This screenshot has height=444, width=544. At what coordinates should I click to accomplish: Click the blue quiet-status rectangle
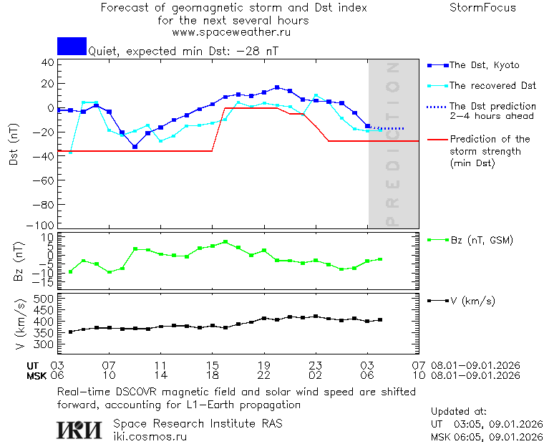pos(72,47)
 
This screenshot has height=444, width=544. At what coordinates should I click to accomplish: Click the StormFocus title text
pos(482,8)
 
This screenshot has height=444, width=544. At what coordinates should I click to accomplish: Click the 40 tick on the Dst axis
pos(48,62)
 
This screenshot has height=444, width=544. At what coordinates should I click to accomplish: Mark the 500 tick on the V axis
pos(44,299)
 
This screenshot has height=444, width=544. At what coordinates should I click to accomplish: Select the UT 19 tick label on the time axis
pos(264,365)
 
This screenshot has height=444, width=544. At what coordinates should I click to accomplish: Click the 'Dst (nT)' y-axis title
pos(14,147)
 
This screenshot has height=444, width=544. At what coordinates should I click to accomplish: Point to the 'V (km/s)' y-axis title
pos(19,321)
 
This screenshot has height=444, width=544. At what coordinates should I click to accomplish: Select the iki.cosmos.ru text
pos(150,435)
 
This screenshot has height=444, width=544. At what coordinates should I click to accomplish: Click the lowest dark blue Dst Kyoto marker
pos(135,147)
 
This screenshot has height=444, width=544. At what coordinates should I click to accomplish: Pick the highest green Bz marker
pos(225,242)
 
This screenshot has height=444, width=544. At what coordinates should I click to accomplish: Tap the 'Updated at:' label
pos(458,412)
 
